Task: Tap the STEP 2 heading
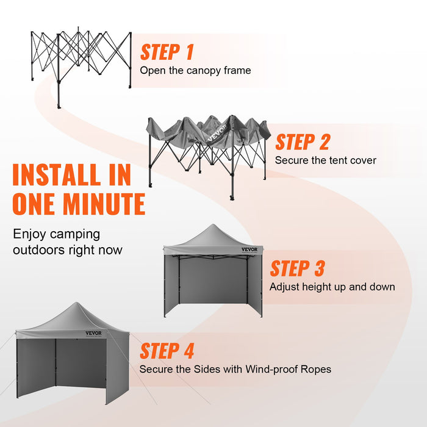tap(302, 142)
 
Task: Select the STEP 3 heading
tap(297, 268)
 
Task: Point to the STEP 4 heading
tap(167, 351)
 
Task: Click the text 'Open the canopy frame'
tap(195, 70)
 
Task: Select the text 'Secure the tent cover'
tap(325, 160)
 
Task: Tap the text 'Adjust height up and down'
tap(332, 287)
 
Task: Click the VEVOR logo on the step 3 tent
tap(249, 249)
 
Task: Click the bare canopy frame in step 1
tap(81, 58)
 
